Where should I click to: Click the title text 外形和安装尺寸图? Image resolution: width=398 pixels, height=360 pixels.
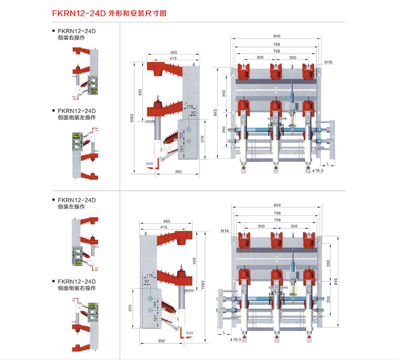(x=138, y=12)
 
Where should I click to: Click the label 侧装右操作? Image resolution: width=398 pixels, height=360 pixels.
(x=71, y=38)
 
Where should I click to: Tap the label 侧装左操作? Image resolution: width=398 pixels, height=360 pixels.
(x=71, y=206)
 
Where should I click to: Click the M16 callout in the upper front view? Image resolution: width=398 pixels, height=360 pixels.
(x=328, y=62)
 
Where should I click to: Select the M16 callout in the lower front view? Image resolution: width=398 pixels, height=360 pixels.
(x=225, y=231)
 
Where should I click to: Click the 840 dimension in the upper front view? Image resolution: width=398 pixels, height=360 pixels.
(x=277, y=36)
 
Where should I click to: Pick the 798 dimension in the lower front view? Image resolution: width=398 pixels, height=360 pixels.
(x=277, y=214)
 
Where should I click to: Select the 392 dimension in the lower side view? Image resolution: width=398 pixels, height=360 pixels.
(x=161, y=341)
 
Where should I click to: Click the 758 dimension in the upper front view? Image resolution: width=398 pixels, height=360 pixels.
(x=277, y=51)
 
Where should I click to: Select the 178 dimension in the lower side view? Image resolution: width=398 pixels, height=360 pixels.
(x=149, y=275)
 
